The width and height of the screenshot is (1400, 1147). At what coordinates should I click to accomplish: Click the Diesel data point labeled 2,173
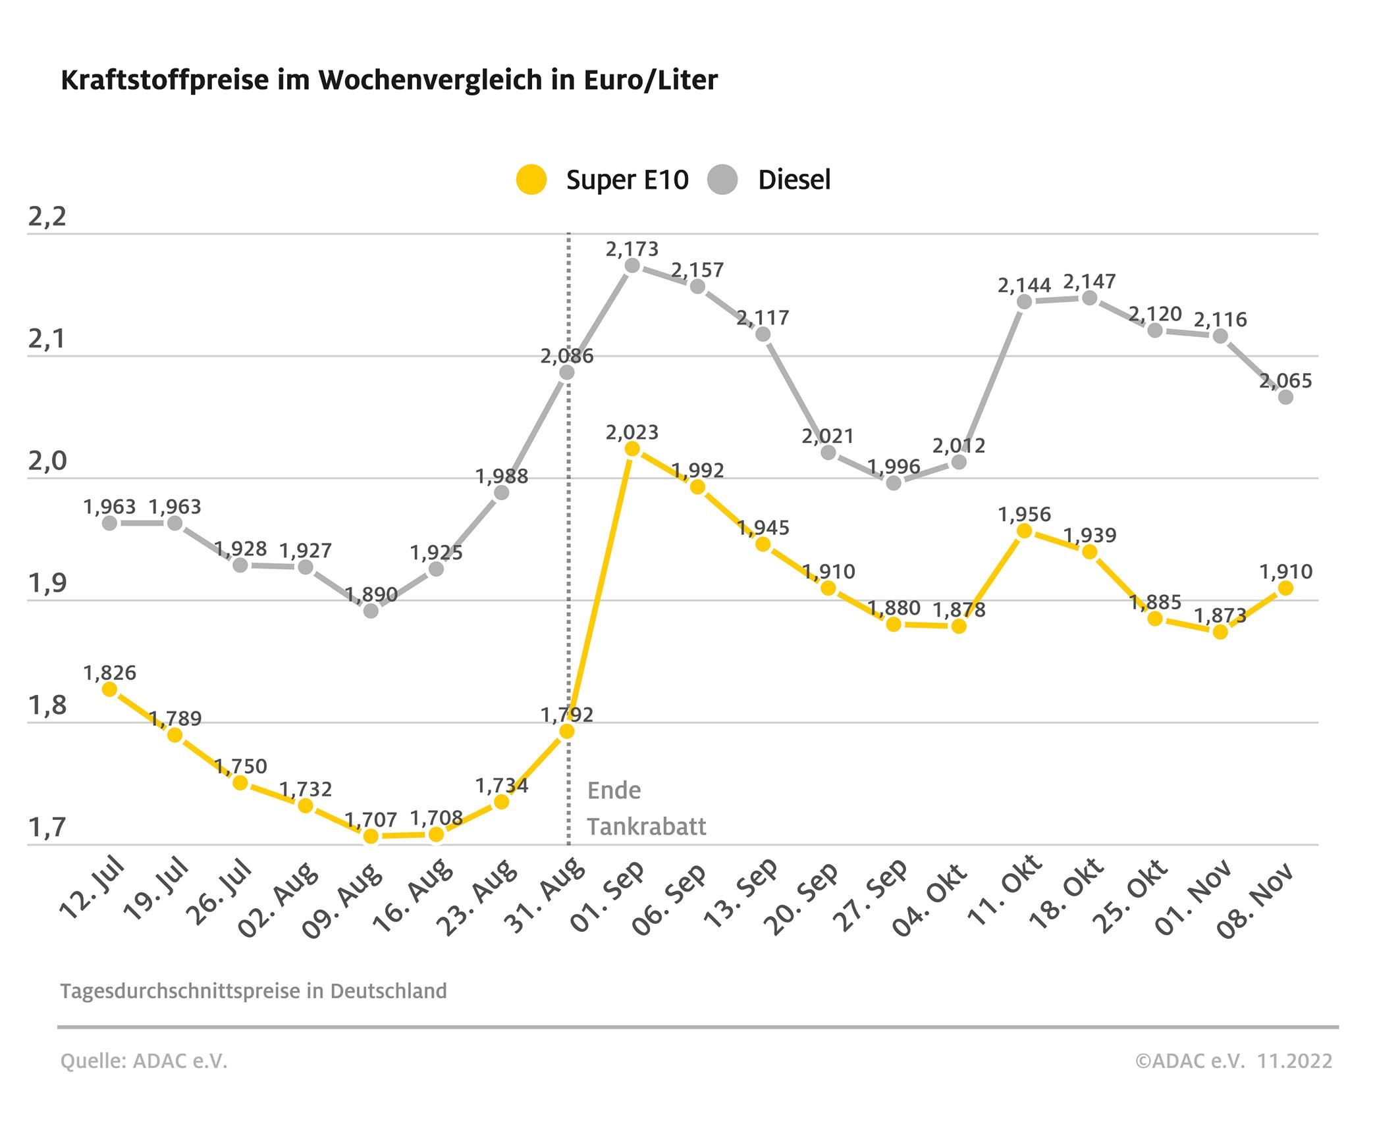coord(632,266)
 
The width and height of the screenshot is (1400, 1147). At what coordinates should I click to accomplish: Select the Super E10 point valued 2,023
coord(632,449)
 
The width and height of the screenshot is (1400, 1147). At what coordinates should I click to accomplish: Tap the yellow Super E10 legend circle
coord(531,180)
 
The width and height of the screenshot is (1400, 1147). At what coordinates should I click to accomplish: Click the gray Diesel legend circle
coord(722,180)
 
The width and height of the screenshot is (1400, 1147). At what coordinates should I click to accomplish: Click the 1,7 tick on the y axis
coord(47,827)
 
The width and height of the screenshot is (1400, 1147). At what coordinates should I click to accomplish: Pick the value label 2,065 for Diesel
coord(1285,380)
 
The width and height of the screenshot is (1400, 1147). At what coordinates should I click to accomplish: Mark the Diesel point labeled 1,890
coord(371,611)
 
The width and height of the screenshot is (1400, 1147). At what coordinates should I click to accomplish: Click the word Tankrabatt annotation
coord(647,827)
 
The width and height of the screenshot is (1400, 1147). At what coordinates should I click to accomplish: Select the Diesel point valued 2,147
coord(1089,298)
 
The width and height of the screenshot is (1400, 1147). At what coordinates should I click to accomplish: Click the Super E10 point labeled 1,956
coord(1024,530)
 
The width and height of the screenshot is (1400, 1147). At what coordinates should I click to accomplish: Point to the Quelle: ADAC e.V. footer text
coord(144,1060)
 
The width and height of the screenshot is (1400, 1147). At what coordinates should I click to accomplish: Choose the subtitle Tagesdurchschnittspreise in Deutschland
coord(253,991)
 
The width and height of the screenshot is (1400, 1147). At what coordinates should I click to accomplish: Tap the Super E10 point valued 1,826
coord(110,689)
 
